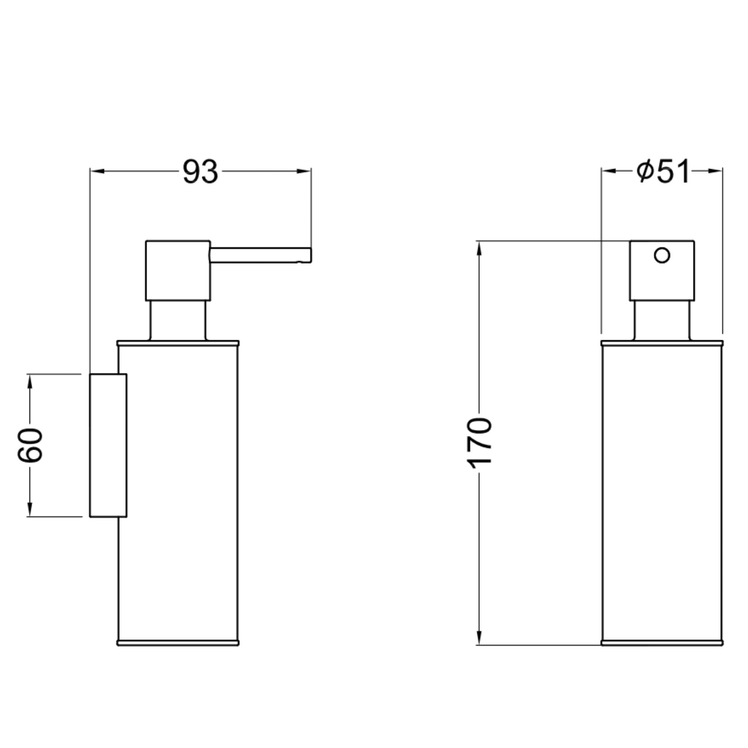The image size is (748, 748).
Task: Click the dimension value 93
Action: pyautogui.click(x=200, y=172)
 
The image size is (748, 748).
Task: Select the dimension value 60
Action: pyautogui.click(x=30, y=445)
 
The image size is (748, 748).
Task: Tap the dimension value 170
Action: pyautogui.click(x=479, y=443)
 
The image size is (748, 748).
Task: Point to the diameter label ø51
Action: pyautogui.click(x=663, y=171)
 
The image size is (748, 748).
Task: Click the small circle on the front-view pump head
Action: pyautogui.click(x=662, y=255)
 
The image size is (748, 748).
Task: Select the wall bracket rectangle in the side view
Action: pyautogui.click(x=108, y=445)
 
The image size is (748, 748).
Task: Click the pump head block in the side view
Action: pyautogui.click(x=178, y=270)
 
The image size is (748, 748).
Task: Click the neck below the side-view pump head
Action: pyautogui.click(x=178, y=321)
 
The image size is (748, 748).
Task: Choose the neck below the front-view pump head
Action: pyautogui.click(x=662, y=321)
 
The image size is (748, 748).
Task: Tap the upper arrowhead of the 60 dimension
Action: pyautogui.click(x=30, y=381)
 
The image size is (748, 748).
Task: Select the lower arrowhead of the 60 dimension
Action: pyautogui.click(x=30, y=509)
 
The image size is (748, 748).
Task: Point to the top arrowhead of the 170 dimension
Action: pyautogui.click(x=479, y=248)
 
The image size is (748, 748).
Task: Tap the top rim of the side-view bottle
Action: pyautogui.click(x=178, y=343)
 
